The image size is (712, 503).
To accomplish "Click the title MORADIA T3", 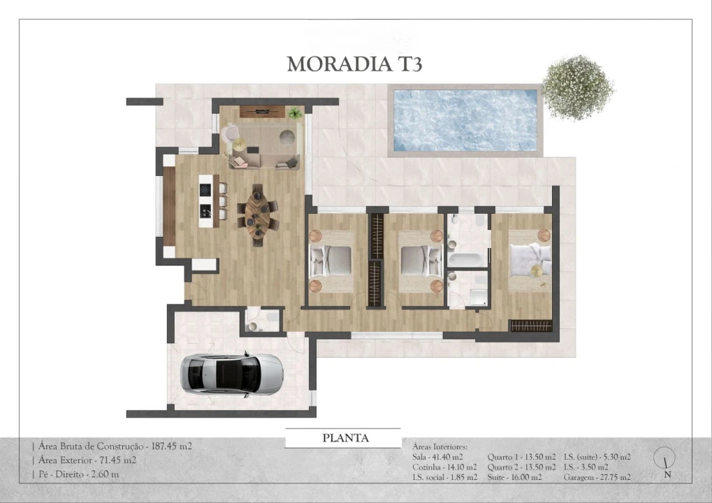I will point(354,64).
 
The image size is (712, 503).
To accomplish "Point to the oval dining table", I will point(257,214).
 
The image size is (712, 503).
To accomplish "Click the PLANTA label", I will point(345,439).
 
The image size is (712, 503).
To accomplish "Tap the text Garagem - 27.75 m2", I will point(597,477).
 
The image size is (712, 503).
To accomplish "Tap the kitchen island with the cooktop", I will point(205,201).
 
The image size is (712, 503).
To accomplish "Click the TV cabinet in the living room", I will point(262,111).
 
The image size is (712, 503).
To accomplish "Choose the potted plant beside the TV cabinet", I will point(296,112).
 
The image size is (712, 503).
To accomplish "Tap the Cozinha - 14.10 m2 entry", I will point(444,467).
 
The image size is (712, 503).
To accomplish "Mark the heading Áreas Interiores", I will point(440,446).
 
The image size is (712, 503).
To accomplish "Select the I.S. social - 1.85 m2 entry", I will point(445,477).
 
